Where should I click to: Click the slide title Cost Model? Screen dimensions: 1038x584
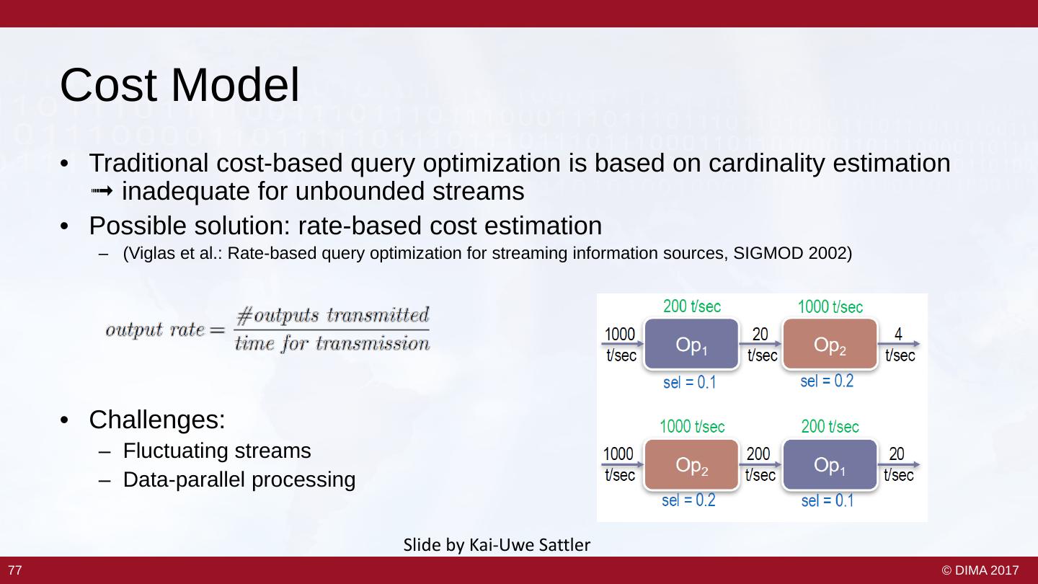tap(179, 85)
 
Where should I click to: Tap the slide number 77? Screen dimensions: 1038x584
tap(15, 570)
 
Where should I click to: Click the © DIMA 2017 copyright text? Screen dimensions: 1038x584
tap(980, 570)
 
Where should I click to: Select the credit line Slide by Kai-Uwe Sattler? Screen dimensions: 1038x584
tap(497, 544)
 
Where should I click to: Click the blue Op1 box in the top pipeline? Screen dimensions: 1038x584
tap(691, 344)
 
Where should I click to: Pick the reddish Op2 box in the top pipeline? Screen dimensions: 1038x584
tap(830, 344)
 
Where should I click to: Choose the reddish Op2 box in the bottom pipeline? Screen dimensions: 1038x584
tap(691, 464)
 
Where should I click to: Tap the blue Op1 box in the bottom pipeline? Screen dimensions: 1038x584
tap(830, 464)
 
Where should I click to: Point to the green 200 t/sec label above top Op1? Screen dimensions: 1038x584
tap(692, 306)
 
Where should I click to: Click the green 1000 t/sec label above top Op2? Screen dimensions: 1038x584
tap(830, 307)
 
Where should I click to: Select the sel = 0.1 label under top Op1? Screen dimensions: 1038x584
tap(690, 382)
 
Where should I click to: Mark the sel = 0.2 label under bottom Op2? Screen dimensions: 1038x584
tap(688, 500)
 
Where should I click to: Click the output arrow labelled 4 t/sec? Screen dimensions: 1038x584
tap(899, 344)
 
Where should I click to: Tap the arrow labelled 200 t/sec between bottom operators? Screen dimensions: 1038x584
tap(760, 464)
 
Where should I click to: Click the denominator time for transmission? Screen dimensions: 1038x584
tap(332, 343)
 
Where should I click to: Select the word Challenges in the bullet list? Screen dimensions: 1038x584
tap(156, 420)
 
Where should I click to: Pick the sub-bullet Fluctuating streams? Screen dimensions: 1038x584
tap(217, 451)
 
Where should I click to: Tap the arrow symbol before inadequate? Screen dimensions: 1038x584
tap(102, 191)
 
